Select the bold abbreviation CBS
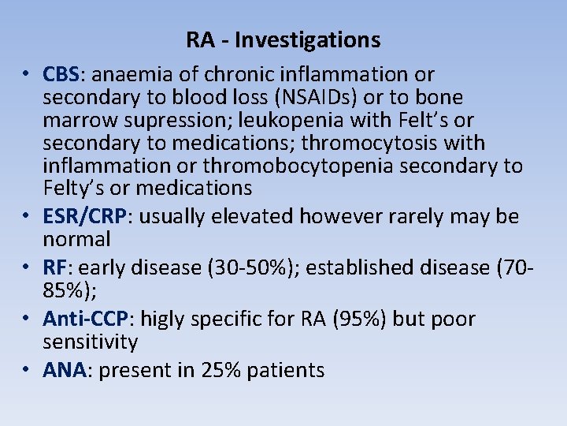[x=61, y=75]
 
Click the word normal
[x=76, y=239]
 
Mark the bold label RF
[x=54, y=268]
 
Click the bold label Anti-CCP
[x=86, y=319]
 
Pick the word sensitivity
[x=91, y=342]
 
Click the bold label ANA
[x=64, y=371]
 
